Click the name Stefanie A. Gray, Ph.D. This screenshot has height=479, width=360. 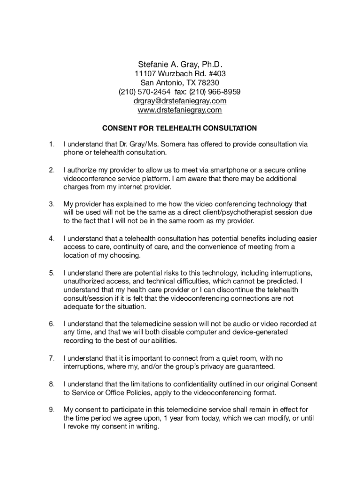(x=180, y=64)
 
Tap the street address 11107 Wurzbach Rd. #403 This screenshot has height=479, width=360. (x=180, y=73)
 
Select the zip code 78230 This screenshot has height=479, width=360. (x=209, y=82)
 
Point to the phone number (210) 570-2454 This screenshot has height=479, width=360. (x=144, y=92)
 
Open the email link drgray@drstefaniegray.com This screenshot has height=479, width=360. (x=180, y=101)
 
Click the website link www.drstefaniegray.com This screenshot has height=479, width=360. (x=180, y=110)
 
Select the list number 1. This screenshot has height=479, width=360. (x=51, y=145)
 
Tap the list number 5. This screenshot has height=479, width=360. (x=51, y=273)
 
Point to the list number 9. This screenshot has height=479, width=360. (x=51, y=409)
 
